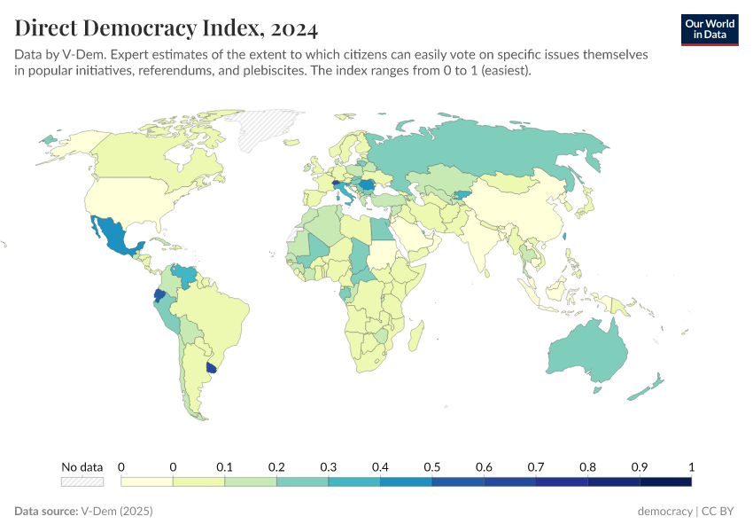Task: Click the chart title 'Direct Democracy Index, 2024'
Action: point(166,28)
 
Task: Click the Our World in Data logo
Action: point(709,29)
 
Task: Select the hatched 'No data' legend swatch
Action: point(82,481)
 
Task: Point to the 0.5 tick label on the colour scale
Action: point(431,466)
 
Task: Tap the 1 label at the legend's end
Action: point(691,466)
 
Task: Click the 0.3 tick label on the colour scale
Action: point(328,466)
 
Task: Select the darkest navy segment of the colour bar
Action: point(665,481)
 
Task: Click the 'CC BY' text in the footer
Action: point(720,512)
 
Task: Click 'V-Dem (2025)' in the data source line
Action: point(117,512)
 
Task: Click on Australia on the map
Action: point(580,352)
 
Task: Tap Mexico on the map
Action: point(115,235)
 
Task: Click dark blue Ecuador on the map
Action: point(159,295)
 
